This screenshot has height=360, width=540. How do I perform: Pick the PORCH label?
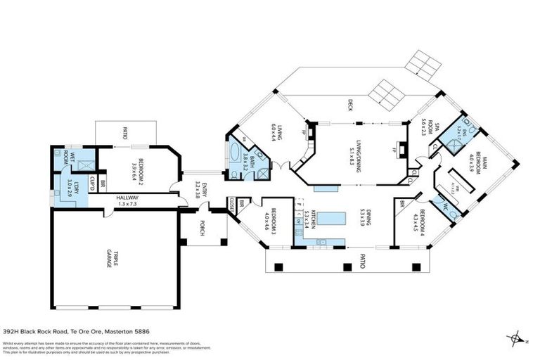click(x=202, y=229)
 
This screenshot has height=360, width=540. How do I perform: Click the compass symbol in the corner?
click(x=518, y=337)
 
